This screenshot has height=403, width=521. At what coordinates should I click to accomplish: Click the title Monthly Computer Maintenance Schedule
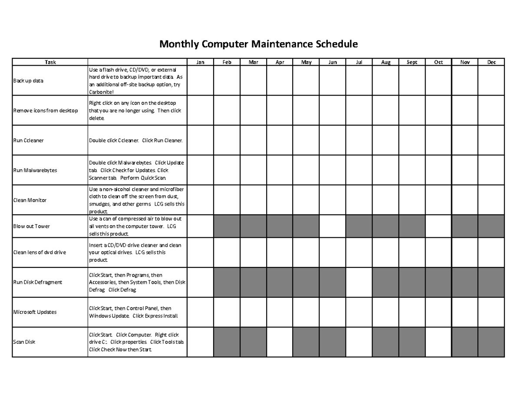click(258, 44)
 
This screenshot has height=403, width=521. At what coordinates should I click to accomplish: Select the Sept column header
click(412, 62)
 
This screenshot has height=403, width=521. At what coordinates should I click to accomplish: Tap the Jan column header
click(200, 62)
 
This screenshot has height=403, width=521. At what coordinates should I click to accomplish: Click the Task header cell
click(50, 62)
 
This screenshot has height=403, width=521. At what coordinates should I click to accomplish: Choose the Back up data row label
click(28, 81)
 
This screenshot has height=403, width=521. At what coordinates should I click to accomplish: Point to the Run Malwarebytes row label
click(35, 170)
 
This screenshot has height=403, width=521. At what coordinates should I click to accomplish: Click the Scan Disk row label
click(24, 342)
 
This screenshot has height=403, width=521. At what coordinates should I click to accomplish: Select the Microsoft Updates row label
click(35, 312)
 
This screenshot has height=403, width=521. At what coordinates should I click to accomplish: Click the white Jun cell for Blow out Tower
click(333, 226)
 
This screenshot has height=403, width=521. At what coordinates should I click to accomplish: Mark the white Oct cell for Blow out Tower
click(438, 226)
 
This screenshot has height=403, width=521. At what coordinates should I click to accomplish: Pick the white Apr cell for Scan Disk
click(280, 342)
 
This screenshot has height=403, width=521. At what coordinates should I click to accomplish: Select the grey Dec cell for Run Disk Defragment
click(491, 282)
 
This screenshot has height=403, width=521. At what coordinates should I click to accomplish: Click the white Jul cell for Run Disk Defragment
click(359, 282)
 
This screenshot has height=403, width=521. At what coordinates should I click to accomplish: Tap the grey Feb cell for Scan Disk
click(227, 342)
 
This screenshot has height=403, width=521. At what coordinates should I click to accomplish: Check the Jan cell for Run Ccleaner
click(200, 140)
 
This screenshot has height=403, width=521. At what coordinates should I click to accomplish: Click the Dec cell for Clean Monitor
click(491, 200)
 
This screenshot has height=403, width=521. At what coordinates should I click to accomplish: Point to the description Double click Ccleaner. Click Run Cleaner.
click(136, 140)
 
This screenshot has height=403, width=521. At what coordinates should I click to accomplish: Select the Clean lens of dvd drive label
click(40, 252)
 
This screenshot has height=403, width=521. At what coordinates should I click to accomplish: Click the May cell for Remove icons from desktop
click(306, 110)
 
